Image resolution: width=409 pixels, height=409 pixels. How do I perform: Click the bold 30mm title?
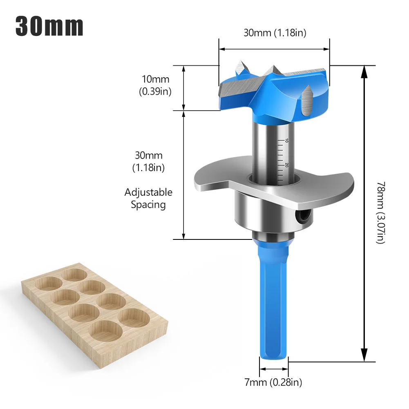click(49, 26)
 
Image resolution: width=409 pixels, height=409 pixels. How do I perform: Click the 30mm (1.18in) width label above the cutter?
click(275, 33)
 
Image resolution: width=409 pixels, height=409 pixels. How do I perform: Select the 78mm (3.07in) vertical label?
click(380, 212)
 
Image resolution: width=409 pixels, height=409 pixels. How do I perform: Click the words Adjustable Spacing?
click(148, 198)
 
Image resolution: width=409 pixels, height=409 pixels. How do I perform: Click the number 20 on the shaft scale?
click(287, 165)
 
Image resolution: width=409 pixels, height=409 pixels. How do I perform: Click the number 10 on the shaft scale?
click(287, 140)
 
